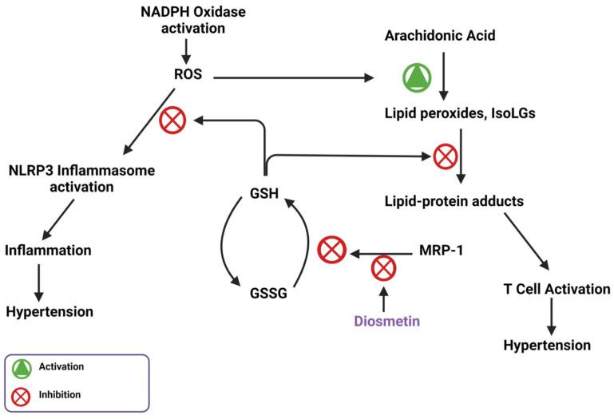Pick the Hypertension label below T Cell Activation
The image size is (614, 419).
[547, 346]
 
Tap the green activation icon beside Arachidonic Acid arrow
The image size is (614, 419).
[417, 78]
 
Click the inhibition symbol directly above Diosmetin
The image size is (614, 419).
[383, 268]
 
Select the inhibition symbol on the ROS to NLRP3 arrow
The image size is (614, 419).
[174, 121]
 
